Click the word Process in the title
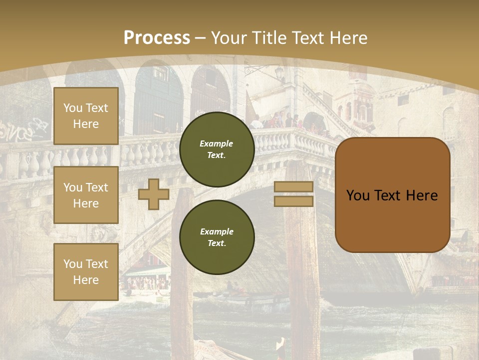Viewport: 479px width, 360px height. tap(157, 38)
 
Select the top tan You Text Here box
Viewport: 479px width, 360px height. tap(86, 116)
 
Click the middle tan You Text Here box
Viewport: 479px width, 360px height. tap(86, 195)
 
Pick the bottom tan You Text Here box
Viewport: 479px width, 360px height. tap(86, 272)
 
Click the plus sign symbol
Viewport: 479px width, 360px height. tap(154, 194)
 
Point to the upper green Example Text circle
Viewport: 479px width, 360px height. tap(217, 149)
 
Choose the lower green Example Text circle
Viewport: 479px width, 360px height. tap(217, 237)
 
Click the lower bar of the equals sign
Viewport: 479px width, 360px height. tap(294, 201)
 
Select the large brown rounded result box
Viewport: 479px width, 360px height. tap(392, 195)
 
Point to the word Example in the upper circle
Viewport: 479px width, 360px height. tap(217, 143)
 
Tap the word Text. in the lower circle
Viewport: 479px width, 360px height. tap(217, 243)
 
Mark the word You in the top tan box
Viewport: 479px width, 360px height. tap(72, 108)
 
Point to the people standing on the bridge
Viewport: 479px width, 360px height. tap(279, 121)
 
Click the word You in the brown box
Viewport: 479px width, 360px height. tap(358, 195)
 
